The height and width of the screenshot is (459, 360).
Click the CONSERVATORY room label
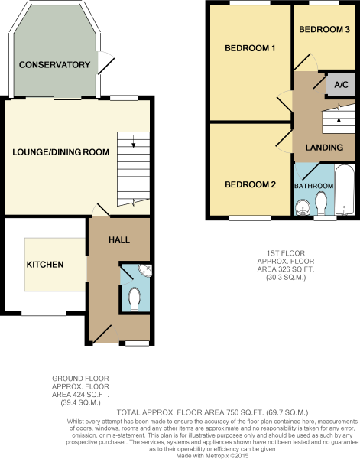pos(55,65)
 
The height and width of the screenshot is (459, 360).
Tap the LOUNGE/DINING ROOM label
pos(61,152)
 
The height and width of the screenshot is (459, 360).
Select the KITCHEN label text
pos(45,265)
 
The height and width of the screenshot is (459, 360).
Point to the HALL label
pos(119,239)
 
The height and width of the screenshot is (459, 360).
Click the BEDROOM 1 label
pos(250,48)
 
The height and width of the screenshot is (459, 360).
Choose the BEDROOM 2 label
pos(251,184)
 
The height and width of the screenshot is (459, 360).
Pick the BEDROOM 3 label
pos(324,29)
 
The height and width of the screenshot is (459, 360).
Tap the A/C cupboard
pos(341,85)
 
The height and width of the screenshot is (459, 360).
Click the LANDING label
pos(324,147)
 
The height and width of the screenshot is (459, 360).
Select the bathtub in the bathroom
pos(345,190)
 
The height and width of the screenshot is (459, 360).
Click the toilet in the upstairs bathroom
pos(321,203)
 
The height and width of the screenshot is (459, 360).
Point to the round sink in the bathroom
pos(303,207)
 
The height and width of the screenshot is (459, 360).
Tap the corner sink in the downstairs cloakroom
pos(146,270)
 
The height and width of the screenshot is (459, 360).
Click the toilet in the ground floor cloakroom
pos(135,299)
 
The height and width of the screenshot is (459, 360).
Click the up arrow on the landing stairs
pos(339,123)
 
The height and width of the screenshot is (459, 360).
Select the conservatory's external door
pos(105,63)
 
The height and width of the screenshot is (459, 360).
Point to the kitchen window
pos(44,313)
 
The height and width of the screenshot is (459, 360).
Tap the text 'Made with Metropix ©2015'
pos(212,456)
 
